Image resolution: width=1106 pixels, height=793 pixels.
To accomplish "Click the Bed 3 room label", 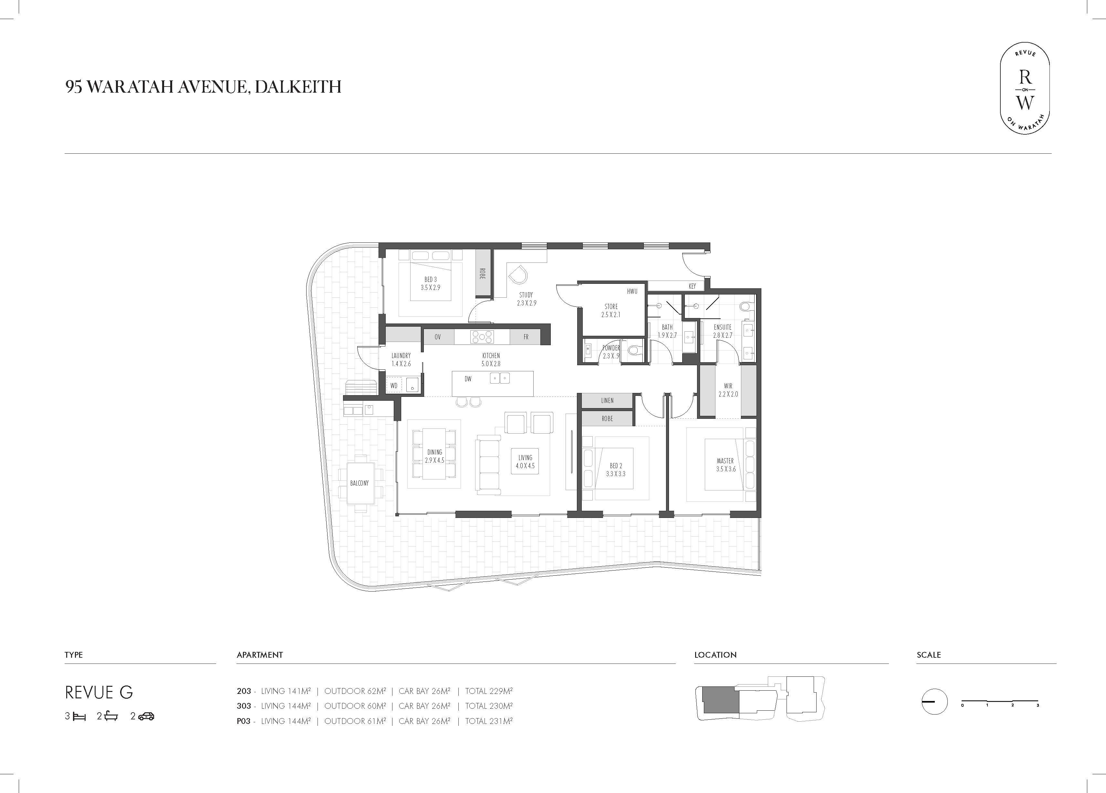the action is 431,283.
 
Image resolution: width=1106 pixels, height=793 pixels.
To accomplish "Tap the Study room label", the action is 526,299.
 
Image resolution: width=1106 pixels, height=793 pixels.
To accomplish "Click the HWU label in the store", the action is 632,292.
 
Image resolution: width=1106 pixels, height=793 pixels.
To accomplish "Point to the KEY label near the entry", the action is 692,286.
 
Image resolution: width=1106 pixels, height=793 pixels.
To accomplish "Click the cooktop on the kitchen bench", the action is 482,337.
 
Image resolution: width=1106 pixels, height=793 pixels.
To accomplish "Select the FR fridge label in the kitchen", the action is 526,337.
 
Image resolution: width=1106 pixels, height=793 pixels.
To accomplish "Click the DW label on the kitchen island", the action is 468,379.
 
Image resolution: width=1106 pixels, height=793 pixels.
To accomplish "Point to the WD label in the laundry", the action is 394,386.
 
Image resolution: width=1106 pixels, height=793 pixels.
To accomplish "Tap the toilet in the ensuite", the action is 745,306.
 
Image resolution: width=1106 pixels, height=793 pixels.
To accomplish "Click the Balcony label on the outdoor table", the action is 360,483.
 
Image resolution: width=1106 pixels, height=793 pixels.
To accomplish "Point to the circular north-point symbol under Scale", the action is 934,702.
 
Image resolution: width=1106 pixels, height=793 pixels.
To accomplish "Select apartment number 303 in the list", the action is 244,706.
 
